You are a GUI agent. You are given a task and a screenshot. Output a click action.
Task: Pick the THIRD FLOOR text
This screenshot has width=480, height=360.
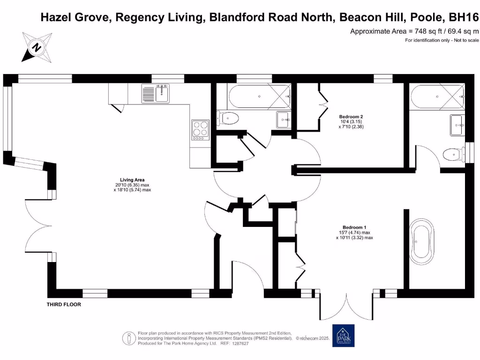64,305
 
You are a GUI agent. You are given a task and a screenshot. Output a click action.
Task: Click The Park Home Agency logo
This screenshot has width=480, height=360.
343,336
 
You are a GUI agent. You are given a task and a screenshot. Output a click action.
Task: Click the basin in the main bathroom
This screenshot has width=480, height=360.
283,119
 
